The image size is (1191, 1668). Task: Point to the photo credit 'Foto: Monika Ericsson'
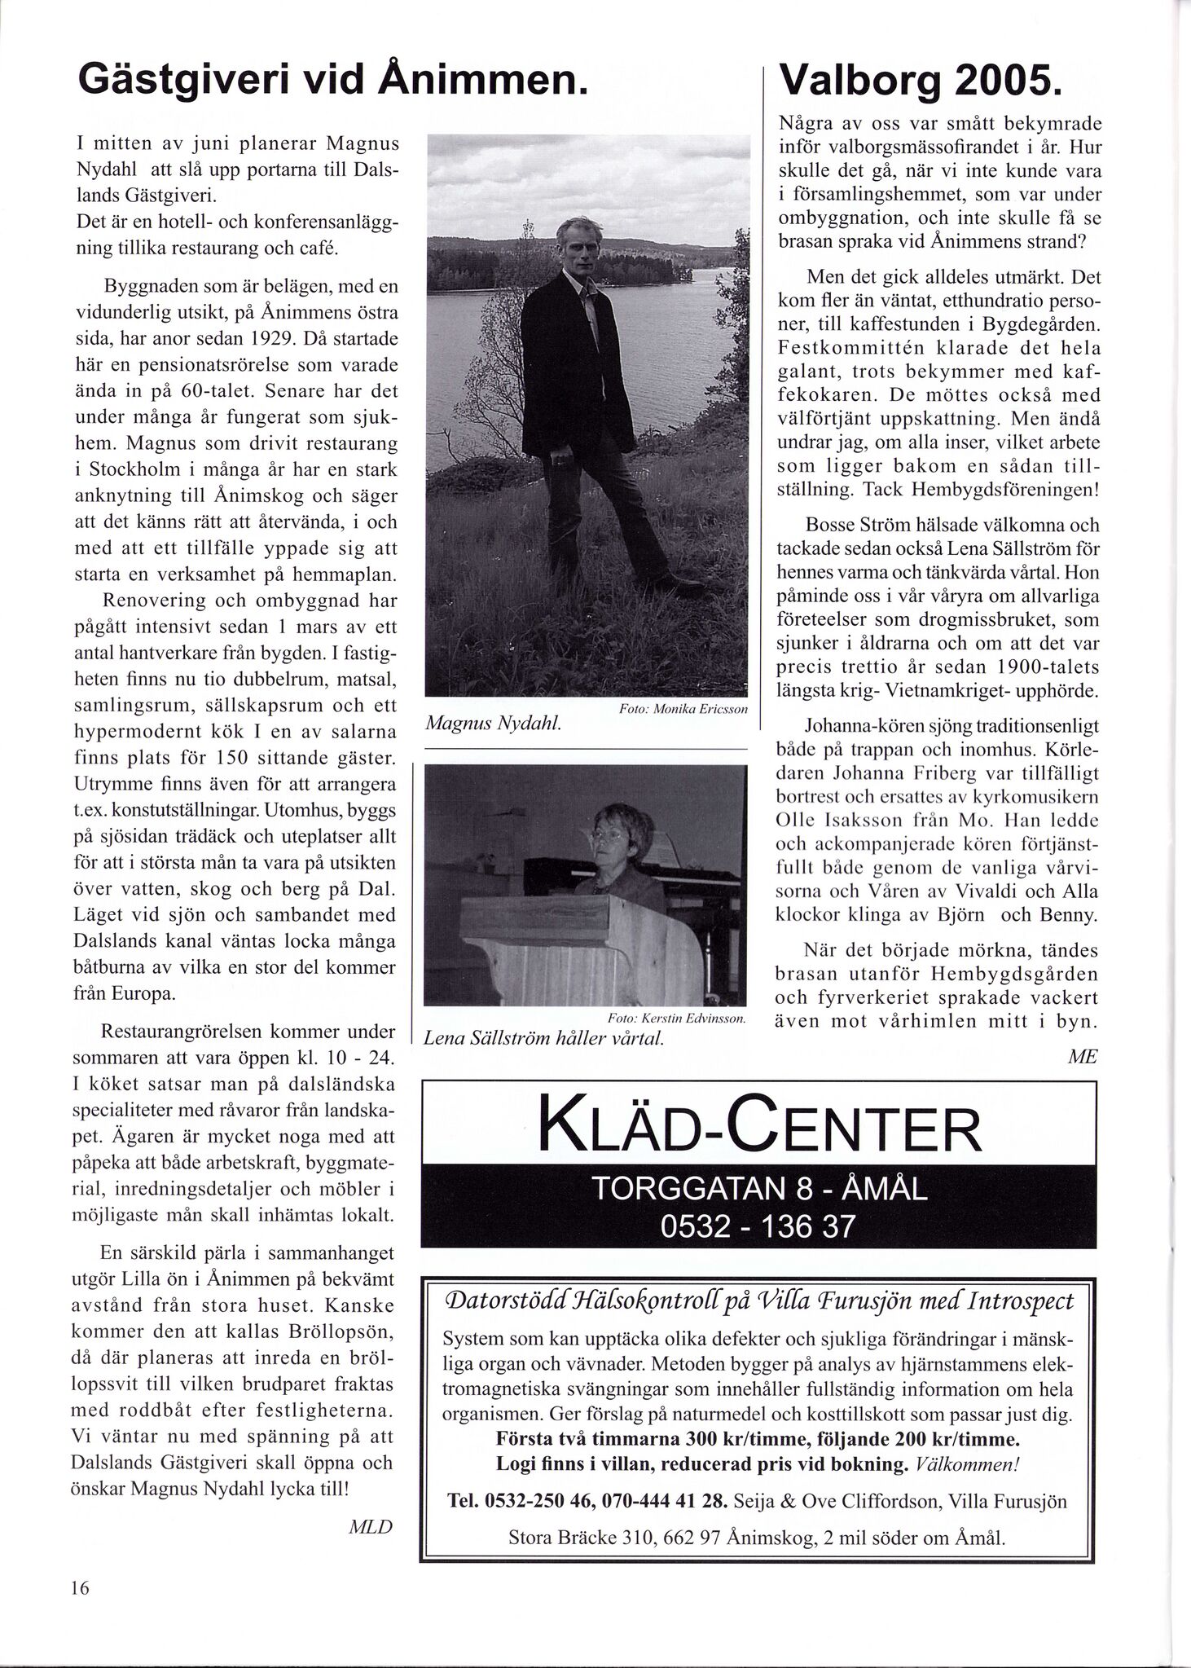(683, 710)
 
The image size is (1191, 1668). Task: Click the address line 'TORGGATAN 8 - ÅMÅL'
(758, 1189)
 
